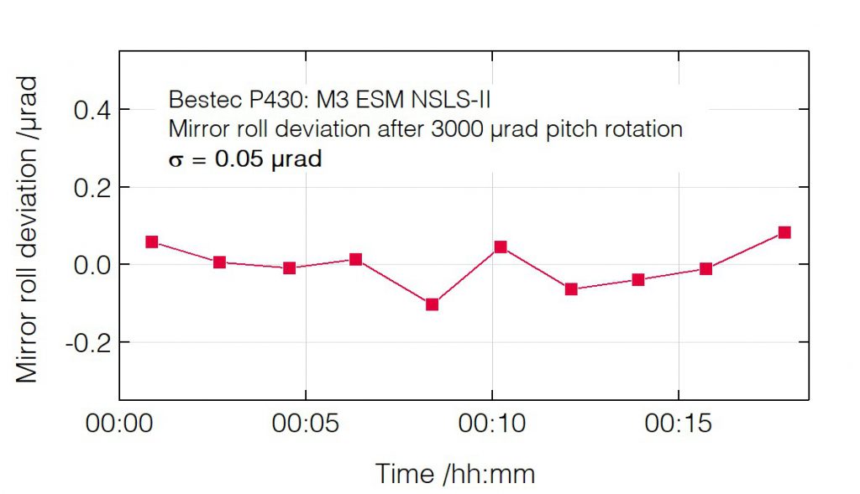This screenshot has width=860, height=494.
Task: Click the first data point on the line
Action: coord(152,242)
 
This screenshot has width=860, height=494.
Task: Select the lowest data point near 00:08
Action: coord(433,304)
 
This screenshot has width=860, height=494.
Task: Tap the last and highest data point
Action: coord(784,232)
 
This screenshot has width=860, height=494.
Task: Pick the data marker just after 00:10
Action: coord(501,247)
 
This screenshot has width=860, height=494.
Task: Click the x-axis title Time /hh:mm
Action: coord(454,474)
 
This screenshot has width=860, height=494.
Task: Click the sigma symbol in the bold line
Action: coord(176,159)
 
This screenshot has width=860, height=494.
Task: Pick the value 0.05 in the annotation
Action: coord(238,159)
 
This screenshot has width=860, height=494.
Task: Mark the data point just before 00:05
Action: coord(290,268)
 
